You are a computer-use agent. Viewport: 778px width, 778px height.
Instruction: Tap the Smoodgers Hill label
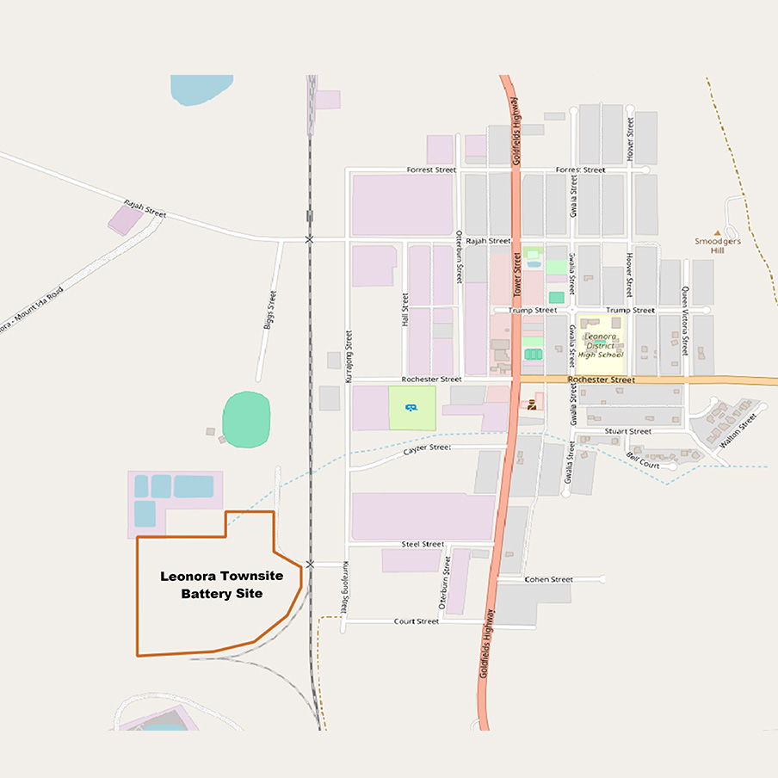[717, 246]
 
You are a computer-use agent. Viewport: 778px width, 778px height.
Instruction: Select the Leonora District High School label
[601, 345]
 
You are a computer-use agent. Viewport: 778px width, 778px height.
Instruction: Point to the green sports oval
[246, 419]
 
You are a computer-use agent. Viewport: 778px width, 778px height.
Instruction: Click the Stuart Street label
[627, 431]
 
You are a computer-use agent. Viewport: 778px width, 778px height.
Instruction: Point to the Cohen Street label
[548, 579]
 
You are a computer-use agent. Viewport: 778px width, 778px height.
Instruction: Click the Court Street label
[417, 621]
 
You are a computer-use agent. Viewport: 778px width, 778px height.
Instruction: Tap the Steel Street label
[423, 545]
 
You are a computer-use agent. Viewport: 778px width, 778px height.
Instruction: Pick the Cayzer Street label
[428, 448]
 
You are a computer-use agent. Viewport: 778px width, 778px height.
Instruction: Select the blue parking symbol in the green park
[411, 408]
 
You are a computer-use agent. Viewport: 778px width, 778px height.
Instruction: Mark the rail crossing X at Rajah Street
[309, 238]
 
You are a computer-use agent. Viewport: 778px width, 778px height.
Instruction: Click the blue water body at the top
[201, 87]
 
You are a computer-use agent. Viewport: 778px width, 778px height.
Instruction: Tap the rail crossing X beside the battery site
[310, 564]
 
